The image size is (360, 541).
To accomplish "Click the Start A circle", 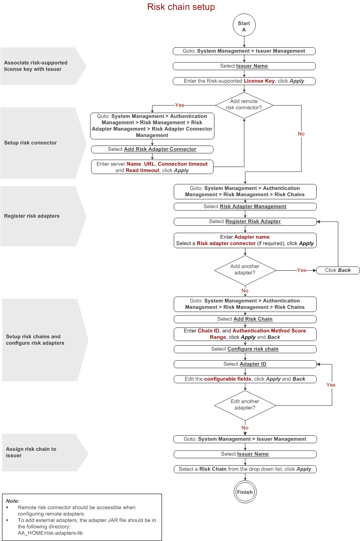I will coord(244,26).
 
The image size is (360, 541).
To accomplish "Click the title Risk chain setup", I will coord(181,7).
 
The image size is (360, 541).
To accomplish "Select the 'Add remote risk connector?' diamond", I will coord(244,104).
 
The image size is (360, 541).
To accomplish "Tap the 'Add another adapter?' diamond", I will coord(245,270).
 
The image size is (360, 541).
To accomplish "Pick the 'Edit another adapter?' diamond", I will coord(245,405).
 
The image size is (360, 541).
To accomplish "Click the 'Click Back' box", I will coord(338,270).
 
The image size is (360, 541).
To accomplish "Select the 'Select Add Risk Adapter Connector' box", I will coord(152,149).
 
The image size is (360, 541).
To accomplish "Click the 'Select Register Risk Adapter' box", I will coord(245,221).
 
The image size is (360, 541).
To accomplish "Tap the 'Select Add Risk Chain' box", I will coord(245,319).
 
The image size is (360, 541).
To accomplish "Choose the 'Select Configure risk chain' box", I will coord(245,349).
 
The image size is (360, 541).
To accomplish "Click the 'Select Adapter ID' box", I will coord(245,364).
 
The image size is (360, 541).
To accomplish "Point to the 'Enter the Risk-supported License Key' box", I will coord(244,81).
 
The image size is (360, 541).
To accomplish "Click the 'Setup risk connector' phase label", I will coord(31,143).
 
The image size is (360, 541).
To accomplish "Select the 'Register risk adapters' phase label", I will coord(32,216).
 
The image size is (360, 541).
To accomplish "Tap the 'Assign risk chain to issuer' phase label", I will coord(31,452).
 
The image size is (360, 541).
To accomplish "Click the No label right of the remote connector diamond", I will coord(301,134).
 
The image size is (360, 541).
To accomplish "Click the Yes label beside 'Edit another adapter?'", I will coord(331,385).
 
